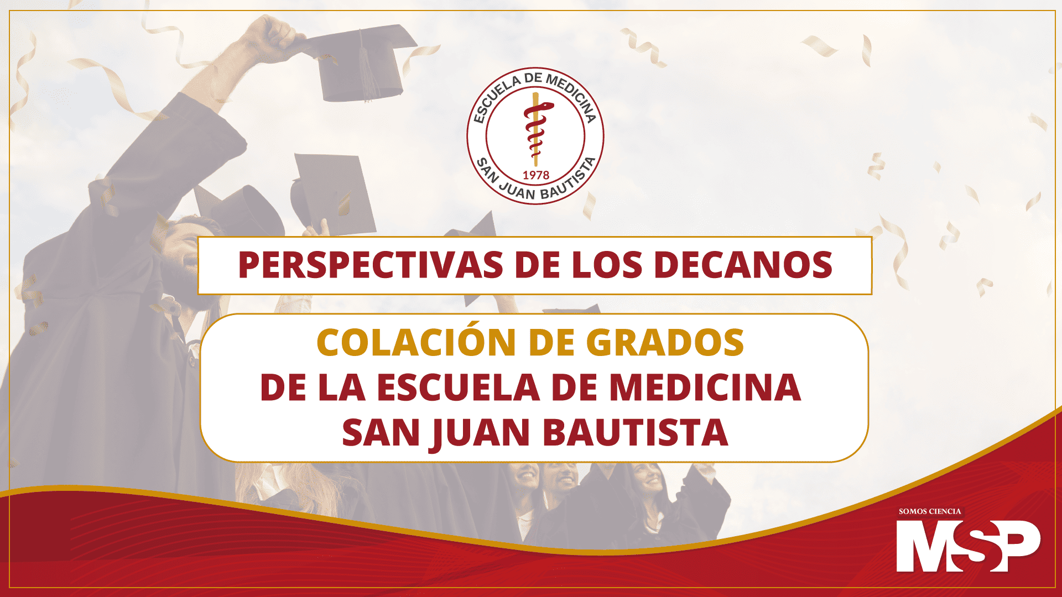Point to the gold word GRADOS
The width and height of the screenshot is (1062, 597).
(x=665, y=343)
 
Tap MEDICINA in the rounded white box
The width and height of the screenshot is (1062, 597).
(x=705, y=387)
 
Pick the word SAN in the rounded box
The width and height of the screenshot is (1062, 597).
(x=381, y=432)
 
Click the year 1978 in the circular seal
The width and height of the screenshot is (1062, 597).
(x=536, y=175)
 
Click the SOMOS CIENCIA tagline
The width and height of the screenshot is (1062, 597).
(x=930, y=511)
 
